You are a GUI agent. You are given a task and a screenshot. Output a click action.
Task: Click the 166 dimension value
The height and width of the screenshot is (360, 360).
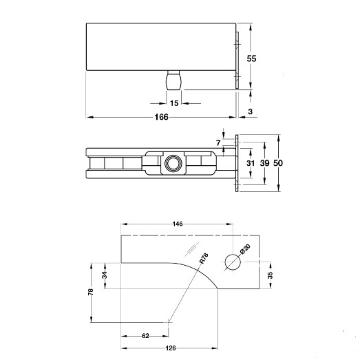[x=161, y=117]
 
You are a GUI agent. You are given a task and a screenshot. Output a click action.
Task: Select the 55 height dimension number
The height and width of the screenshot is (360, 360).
[x=251, y=59]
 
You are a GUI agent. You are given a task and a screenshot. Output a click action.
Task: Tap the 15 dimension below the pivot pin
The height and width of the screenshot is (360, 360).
[x=174, y=103]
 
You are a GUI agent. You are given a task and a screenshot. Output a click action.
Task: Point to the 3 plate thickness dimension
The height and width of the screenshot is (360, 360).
[x=251, y=112]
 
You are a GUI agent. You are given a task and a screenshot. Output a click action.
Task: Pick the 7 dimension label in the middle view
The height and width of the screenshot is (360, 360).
[x=218, y=143]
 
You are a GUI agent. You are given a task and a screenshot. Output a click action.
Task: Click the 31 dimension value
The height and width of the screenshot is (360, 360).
[x=251, y=163]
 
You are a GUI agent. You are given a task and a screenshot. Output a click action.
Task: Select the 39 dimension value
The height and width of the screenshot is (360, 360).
[x=265, y=163]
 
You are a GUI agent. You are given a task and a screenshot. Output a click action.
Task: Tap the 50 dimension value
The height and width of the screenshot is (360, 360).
[x=278, y=163]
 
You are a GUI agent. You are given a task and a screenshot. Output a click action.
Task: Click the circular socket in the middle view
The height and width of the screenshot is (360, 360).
[x=173, y=163]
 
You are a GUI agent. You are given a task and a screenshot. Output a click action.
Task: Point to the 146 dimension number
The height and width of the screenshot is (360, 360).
[x=178, y=224]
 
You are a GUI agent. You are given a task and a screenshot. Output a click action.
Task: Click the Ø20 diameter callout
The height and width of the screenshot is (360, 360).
[x=245, y=249]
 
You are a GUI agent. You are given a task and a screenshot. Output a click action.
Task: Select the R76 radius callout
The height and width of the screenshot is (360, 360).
[x=204, y=258]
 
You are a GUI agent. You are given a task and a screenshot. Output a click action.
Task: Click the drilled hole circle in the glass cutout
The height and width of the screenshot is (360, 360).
[x=233, y=262]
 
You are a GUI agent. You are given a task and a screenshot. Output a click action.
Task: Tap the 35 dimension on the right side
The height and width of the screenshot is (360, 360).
[x=271, y=275]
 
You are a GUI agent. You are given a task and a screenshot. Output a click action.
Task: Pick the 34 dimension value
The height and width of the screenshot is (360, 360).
[x=105, y=275]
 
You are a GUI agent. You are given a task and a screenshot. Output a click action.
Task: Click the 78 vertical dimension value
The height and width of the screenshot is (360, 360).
[x=91, y=292]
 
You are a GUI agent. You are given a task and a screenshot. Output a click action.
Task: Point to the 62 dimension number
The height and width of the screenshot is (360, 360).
[x=145, y=336]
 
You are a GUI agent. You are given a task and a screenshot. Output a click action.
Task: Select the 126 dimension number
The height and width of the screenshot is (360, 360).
[x=171, y=348]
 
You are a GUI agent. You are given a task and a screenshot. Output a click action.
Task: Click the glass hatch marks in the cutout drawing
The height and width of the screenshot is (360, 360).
[x=192, y=249]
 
